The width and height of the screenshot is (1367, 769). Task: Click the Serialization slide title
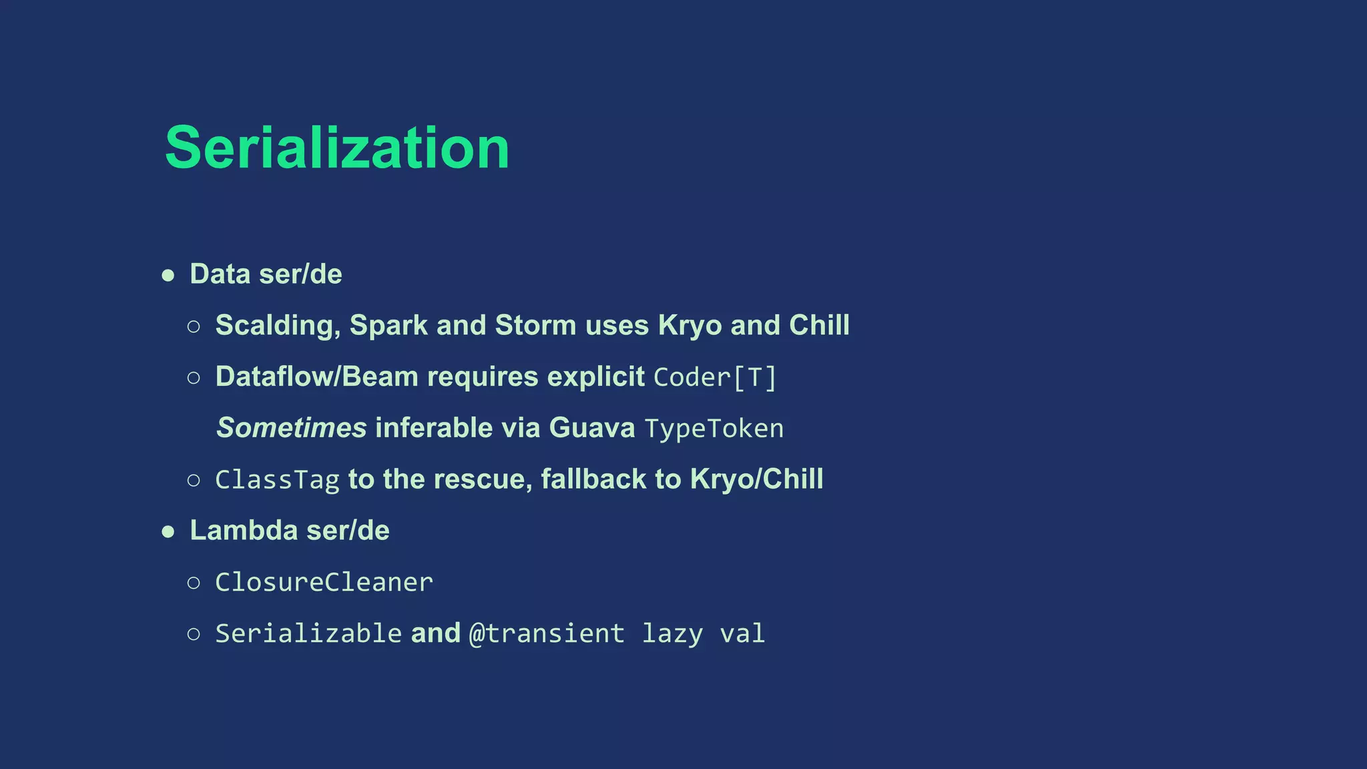coord(337,148)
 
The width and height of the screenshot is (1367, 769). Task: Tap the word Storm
coord(535,326)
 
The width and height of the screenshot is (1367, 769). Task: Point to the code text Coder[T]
coord(715,377)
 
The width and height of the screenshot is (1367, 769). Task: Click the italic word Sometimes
coord(292,428)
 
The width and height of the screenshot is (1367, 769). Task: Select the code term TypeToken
coord(714,429)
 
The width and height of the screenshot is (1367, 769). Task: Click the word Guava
coord(591,428)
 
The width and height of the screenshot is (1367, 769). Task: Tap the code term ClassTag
coord(277,480)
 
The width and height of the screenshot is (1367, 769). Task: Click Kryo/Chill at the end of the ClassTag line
coord(756,479)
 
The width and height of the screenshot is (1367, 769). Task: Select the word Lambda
coord(244,531)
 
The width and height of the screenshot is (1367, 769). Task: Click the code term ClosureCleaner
coord(324,582)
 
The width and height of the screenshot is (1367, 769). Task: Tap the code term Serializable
coord(308,633)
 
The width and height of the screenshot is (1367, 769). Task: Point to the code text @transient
coord(547,633)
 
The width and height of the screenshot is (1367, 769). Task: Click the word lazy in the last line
coord(672,633)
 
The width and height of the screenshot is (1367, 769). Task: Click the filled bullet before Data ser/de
coord(168,275)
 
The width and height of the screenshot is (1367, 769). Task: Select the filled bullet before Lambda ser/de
coord(168,531)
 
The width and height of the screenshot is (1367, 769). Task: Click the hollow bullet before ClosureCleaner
coord(194,583)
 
